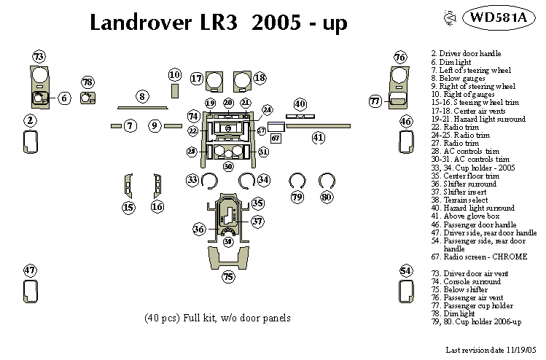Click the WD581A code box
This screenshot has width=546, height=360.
[x=499, y=18]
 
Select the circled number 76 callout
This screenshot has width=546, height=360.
[x=399, y=57]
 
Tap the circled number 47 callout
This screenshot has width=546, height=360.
[x=30, y=270]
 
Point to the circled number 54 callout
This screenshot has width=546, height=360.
[x=406, y=271]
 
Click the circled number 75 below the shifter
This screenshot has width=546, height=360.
[x=228, y=277]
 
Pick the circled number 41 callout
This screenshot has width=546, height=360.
[x=318, y=137]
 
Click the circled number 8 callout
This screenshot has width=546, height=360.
[x=142, y=96]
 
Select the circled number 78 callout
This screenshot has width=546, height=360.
[x=87, y=82]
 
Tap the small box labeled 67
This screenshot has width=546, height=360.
[x=276, y=137]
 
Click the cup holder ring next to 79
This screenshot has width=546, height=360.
[x=296, y=181]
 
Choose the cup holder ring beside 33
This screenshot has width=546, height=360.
[x=209, y=180]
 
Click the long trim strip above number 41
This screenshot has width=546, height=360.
[x=319, y=125]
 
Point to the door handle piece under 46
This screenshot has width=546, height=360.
[x=406, y=144]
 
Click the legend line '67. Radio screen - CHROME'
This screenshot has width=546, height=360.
[x=479, y=257]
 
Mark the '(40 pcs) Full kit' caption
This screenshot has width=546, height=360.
[x=218, y=318]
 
